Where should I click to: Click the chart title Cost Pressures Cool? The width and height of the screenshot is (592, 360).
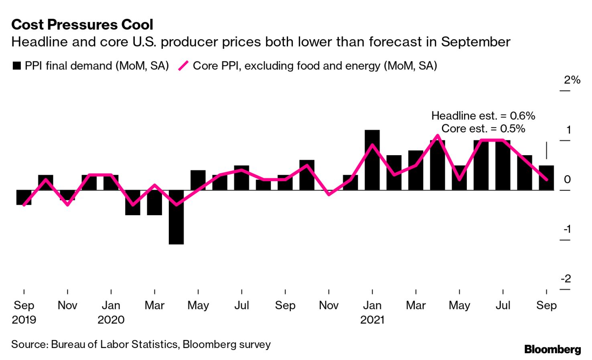(x=82, y=25)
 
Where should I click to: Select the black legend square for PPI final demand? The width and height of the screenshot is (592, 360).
(x=16, y=66)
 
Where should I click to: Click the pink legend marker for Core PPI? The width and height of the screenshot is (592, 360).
(x=183, y=66)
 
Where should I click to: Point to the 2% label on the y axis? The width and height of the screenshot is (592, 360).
(x=572, y=80)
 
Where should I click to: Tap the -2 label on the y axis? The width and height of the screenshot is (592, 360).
(x=566, y=279)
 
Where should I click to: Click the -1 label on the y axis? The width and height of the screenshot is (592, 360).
(x=567, y=229)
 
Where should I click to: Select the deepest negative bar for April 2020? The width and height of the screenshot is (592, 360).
(x=176, y=217)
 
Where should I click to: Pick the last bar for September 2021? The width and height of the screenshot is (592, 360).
(x=546, y=178)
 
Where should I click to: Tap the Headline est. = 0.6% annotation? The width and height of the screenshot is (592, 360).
(x=483, y=116)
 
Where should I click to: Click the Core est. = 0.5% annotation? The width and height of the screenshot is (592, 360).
(x=483, y=129)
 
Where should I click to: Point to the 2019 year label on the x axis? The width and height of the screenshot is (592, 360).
(x=24, y=320)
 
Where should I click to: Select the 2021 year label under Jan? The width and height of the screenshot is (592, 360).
(x=372, y=320)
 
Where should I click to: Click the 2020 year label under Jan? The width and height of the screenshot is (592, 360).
(x=111, y=320)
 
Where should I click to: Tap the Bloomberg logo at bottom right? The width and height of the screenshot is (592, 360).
(x=552, y=349)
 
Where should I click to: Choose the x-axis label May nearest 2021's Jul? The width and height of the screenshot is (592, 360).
(x=459, y=305)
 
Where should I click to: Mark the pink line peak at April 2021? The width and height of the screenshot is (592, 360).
(x=438, y=136)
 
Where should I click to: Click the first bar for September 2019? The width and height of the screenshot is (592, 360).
(x=24, y=197)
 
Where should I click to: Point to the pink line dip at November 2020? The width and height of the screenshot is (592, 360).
(x=329, y=194)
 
